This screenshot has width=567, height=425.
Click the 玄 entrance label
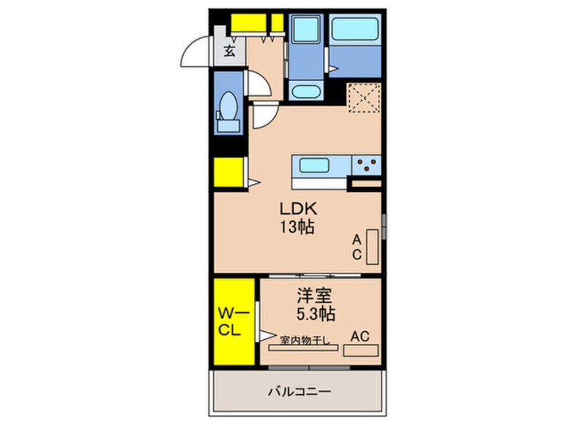229,50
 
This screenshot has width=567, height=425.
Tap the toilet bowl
227,105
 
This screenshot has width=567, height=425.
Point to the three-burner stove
366,164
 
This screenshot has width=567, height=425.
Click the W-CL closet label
233,321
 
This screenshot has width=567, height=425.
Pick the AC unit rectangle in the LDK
373,247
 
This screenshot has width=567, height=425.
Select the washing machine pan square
307,32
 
